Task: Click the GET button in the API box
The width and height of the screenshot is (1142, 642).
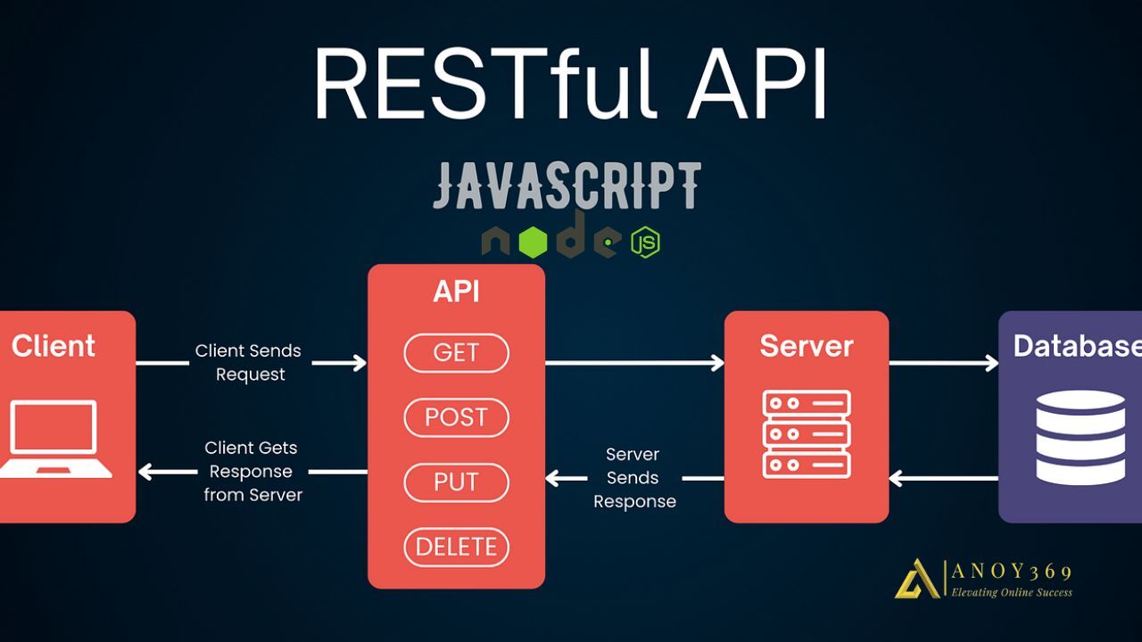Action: (x=456, y=353)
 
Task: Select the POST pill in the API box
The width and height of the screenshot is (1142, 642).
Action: (x=456, y=417)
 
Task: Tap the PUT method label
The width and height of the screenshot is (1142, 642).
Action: (x=456, y=482)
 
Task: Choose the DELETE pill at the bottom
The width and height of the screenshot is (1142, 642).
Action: (x=456, y=547)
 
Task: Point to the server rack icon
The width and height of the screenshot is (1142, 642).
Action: (x=807, y=433)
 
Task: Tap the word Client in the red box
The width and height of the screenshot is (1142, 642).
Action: (x=54, y=346)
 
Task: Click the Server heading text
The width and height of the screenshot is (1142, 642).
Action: (x=807, y=346)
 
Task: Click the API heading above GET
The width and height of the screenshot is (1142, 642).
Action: (x=456, y=292)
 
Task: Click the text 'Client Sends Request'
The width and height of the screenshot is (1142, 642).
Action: (x=249, y=362)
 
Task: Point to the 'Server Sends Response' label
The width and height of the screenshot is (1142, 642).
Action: (x=634, y=478)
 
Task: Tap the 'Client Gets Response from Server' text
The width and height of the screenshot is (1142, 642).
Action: (x=252, y=471)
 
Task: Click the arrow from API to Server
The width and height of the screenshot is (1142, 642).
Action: (x=633, y=362)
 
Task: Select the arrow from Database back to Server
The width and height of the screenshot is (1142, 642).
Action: (x=943, y=479)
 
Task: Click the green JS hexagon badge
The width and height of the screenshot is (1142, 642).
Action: (x=645, y=243)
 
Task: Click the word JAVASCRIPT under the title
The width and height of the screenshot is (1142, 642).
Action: (x=567, y=185)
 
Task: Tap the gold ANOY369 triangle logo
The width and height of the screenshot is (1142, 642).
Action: (x=916, y=579)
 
